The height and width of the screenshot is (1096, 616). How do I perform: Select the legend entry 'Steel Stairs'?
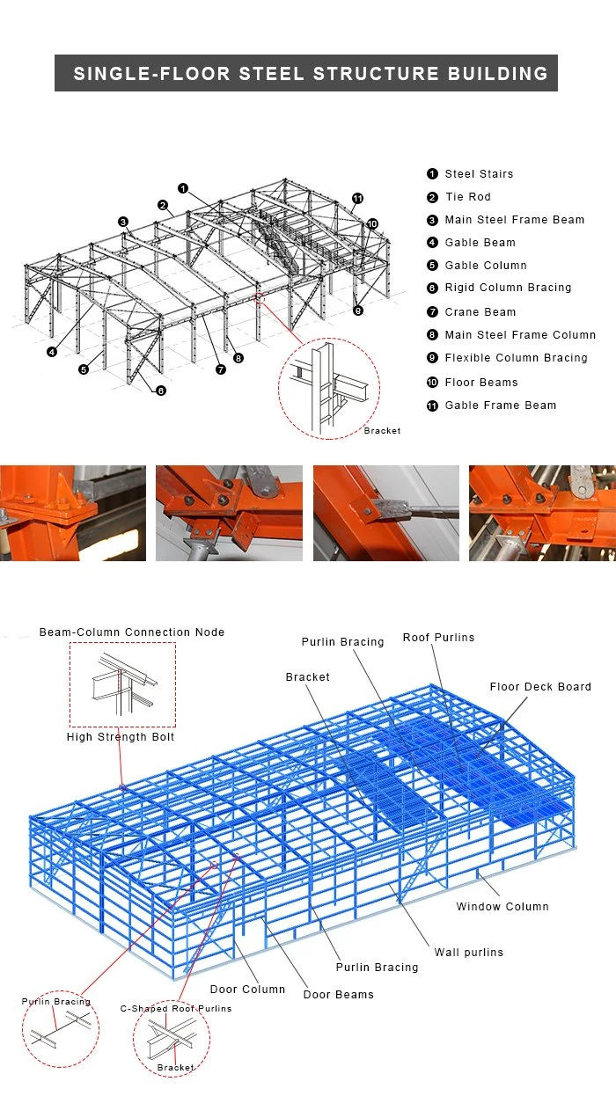[x=479, y=174]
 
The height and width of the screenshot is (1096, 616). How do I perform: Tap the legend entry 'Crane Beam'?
[x=480, y=311]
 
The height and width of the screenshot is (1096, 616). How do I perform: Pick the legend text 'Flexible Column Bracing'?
[x=516, y=358]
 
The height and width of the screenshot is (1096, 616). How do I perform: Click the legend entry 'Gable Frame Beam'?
[x=500, y=406]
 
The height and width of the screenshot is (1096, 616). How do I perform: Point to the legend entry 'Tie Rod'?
[x=467, y=197]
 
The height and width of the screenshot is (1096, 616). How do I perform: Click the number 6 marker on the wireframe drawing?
[x=161, y=391]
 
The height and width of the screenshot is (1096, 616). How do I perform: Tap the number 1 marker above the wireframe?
[x=183, y=187]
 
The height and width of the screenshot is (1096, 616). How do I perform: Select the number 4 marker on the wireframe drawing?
[x=52, y=352]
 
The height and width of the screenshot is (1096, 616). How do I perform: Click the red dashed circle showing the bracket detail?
[x=329, y=386]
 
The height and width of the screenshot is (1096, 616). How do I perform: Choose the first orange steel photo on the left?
[x=73, y=513]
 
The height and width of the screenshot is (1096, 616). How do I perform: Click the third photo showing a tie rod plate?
[x=385, y=513]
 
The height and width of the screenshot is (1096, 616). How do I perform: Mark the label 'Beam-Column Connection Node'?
[x=132, y=632]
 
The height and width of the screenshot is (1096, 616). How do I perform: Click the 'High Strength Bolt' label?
[x=121, y=737]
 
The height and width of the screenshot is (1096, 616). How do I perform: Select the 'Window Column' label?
[x=502, y=907]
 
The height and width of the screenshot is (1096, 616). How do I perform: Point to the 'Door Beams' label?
[x=338, y=995]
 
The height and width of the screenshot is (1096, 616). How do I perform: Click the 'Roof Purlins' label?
[x=438, y=638]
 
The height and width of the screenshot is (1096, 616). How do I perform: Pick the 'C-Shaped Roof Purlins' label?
[x=176, y=1009]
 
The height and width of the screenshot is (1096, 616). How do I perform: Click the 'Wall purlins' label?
[x=468, y=953]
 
